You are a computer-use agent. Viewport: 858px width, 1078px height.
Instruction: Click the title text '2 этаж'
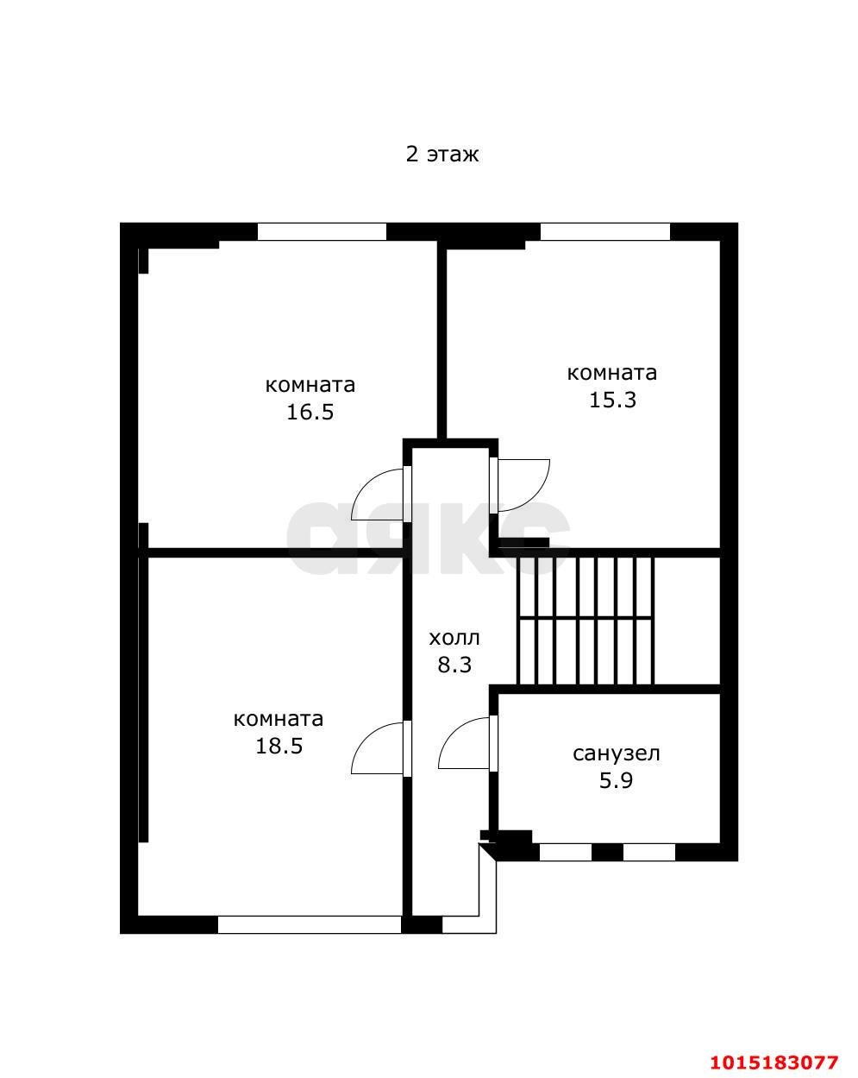(442, 154)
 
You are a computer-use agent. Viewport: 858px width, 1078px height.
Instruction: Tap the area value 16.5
(310, 412)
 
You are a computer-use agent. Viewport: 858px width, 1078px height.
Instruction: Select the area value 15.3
(611, 400)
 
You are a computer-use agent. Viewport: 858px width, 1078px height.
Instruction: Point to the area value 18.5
(279, 746)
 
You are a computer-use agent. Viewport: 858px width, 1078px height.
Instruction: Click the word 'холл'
(454, 639)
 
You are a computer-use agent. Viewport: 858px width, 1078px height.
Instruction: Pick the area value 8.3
(454, 665)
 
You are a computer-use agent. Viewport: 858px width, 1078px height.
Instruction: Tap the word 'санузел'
(616, 753)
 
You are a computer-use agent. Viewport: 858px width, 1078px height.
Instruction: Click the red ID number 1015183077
(773, 1062)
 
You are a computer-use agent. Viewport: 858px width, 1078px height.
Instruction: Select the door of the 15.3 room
(521, 484)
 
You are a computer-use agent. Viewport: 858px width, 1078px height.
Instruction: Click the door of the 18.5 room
(378, 748)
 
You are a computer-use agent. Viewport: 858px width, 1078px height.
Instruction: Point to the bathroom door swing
(466, 743)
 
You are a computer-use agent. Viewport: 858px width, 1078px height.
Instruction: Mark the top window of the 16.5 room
(322, 231)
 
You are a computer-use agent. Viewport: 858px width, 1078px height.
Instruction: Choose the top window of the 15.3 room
(604, 231)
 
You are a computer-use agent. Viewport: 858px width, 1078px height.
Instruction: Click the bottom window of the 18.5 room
(309, 924)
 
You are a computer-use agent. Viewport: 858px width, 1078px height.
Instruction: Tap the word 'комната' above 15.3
(611, 373)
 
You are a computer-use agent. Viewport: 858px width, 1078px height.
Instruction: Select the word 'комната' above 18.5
(279, 719)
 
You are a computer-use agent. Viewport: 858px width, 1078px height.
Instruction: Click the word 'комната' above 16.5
(310, 385)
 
